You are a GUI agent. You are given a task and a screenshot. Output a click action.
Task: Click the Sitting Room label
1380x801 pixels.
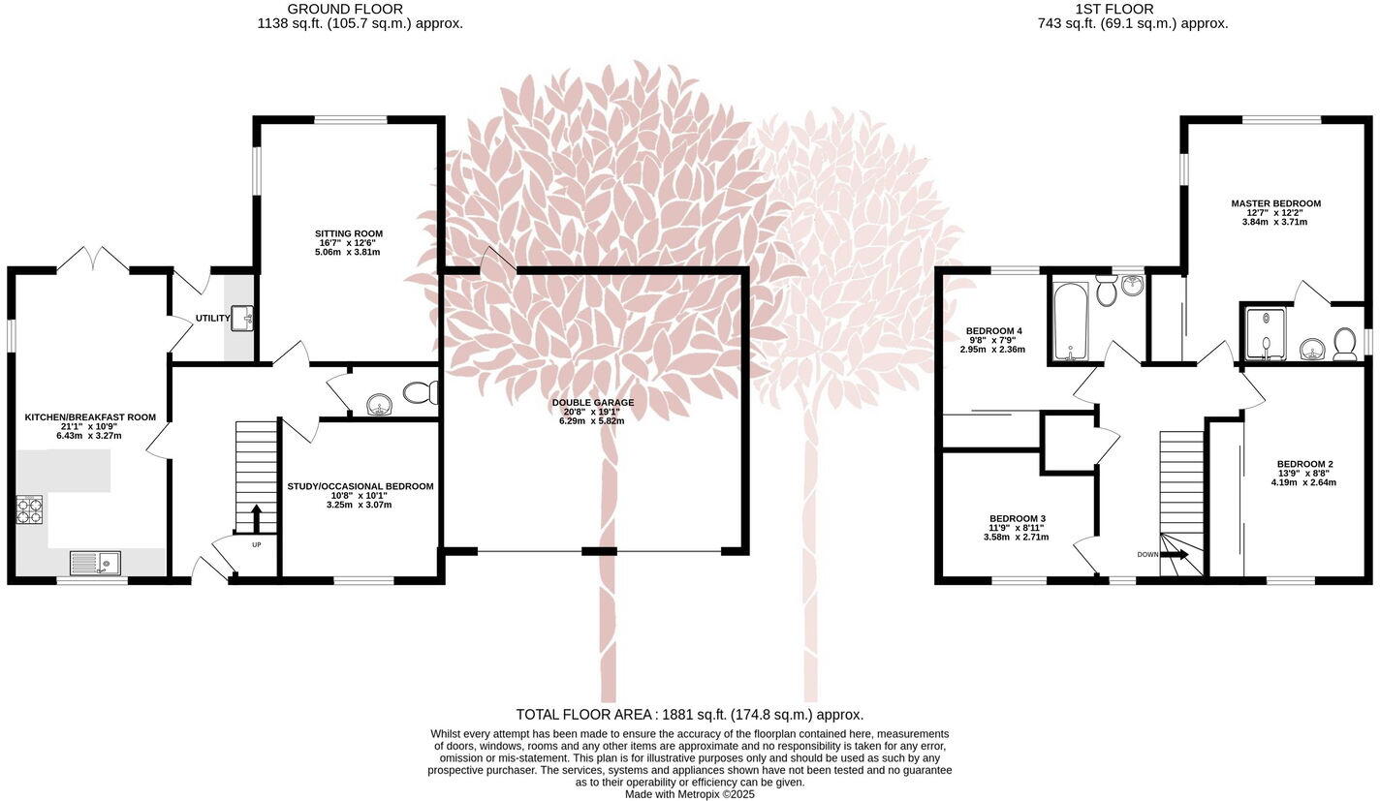pyautogui.click(x=348, y=233)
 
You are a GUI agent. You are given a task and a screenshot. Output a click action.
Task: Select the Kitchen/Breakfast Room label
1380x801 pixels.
pyautogui.click(x=90, y=417)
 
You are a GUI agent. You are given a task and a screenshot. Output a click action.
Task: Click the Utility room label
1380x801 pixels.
pyautogui.click(x=212, y=318)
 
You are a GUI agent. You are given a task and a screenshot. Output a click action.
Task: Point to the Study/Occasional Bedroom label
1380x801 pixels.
pyautogui.click(x=361, y=486)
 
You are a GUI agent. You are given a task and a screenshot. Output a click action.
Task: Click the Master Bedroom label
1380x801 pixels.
pyautogui.click(x=1275, y=203)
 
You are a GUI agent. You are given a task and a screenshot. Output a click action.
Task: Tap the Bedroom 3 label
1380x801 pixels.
pyautogui.click(x=1017, y=518)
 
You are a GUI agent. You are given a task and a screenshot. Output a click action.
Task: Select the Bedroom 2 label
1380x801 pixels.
pyautogui.click(x=1304, y=464)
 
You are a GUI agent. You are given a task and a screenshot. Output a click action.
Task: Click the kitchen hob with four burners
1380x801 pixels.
pyautogui.click(x=29, y=509)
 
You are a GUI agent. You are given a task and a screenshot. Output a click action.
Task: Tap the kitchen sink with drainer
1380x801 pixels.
pyautogui.click(x=95, y=563)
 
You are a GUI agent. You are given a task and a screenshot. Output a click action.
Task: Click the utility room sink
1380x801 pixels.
pyautogui.click(x=243, y=317)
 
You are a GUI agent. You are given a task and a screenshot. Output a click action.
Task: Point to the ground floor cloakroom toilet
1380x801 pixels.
pyautogui.click(x=421, y=392)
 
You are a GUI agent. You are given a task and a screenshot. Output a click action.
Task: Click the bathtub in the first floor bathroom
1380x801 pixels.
pyautogui.click(x=1068, y=321)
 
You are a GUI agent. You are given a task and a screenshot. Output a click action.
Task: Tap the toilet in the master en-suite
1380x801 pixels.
pyautogui.click(x=1344, y=342)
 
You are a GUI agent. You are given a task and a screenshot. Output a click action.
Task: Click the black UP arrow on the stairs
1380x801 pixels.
pyautogui.click(x=256, y=518)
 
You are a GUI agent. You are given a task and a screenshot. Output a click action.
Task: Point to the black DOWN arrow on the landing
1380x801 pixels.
pyautogui.click(x=1175, y=554)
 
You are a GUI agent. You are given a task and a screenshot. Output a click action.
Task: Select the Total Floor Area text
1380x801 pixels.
pyautogui.click(x=689, y=715)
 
